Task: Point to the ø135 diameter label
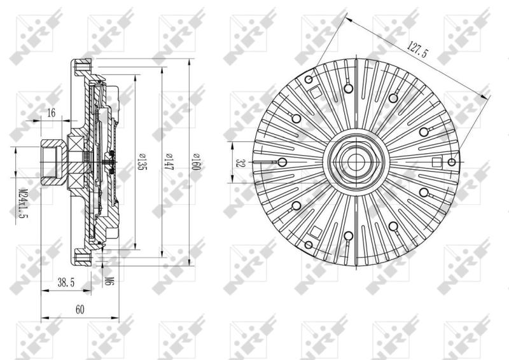pyautogui.click(x=141, y=163)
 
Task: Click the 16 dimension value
pyautogui.click(x=52, y=113)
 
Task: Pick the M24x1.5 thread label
pyautogui.click(x=24, y=202)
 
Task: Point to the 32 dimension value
pyautogui.click(x=241, y=162)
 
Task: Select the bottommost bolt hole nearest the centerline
pyautogui.click(x=349, y=237)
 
